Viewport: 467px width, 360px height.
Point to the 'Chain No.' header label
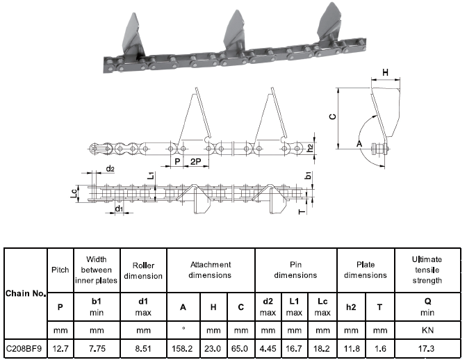tap(25, 293)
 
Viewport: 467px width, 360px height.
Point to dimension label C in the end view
tap(332, 117)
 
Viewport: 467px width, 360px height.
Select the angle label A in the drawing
tap(359, 142)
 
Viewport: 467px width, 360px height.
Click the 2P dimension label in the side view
tap(197, 161)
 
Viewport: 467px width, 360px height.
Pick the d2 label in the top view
tap(110, 169)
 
